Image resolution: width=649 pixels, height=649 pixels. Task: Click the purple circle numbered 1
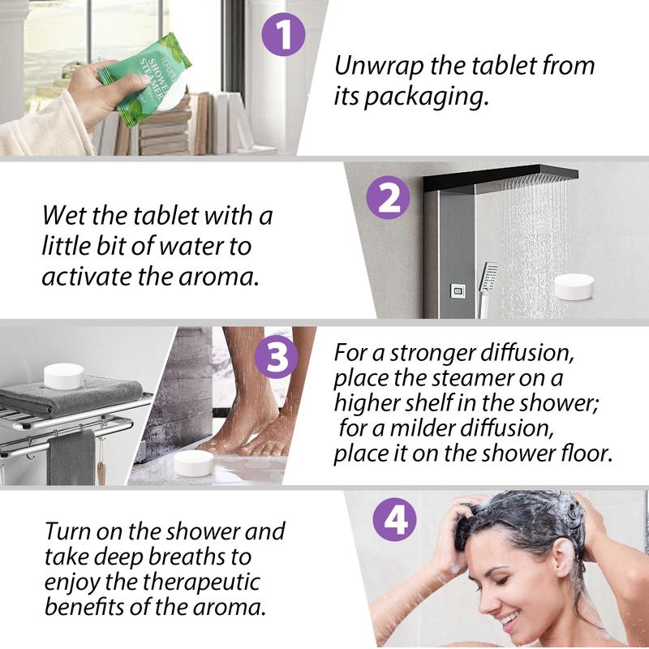pos(283,34)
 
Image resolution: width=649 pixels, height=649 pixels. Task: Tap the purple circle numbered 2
pos(389,197)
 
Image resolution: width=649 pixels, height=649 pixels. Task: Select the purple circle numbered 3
pos(276,357)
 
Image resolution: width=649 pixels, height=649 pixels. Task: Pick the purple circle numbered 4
pos(394,519)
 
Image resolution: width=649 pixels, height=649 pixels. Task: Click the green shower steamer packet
pos(144,79)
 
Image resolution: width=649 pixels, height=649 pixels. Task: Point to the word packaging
pos(427,98)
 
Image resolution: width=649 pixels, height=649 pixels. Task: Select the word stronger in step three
pos(432,355)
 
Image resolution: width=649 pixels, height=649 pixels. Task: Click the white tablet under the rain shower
pos(574,286)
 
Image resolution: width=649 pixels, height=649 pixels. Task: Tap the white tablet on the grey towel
pos(64,376)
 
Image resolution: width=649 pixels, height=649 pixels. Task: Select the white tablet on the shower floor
pos(193,463)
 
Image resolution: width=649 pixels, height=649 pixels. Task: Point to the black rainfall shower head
pos(501,177)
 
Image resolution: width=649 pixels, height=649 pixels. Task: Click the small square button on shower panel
pos(458,291)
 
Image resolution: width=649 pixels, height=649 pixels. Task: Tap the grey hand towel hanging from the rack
pos(71,458)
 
